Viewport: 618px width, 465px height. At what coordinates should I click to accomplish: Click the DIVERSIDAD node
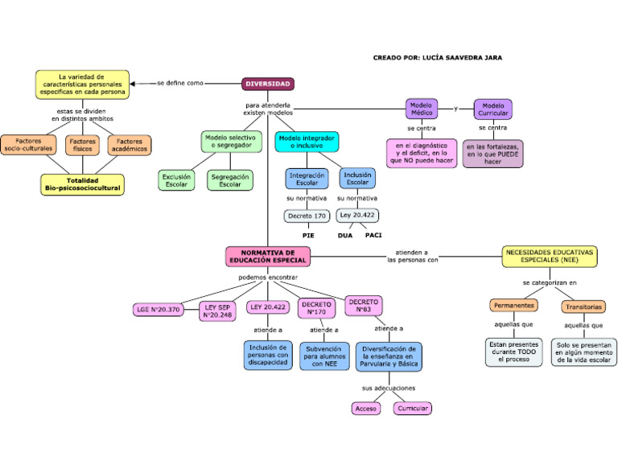click(268, 84)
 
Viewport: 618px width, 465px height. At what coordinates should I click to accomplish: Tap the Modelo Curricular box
click(492, 109)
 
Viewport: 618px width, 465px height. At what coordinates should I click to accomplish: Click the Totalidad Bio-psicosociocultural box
click(83, 184)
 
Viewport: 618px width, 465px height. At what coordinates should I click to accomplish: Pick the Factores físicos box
click(83, 145)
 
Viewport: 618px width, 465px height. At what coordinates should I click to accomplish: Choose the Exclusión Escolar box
click(176, 180)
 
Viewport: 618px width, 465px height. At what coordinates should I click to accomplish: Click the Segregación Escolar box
click(230, 180)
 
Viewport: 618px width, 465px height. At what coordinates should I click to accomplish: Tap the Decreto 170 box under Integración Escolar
click(307, 216)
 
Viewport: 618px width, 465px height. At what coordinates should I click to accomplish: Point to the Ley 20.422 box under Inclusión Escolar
click(357, 216)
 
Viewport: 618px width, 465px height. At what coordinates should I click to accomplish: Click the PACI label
click(373, 236)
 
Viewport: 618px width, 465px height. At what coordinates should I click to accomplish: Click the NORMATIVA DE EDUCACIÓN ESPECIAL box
click(268, 257)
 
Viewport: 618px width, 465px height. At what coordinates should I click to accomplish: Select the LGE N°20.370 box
click(158, 310)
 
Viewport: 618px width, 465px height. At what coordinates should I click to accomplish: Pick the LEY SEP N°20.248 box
click(217, 311)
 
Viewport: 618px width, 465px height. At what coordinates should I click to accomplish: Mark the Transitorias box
click(583, 307)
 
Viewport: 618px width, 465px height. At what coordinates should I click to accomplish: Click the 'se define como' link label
click(180, 83)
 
